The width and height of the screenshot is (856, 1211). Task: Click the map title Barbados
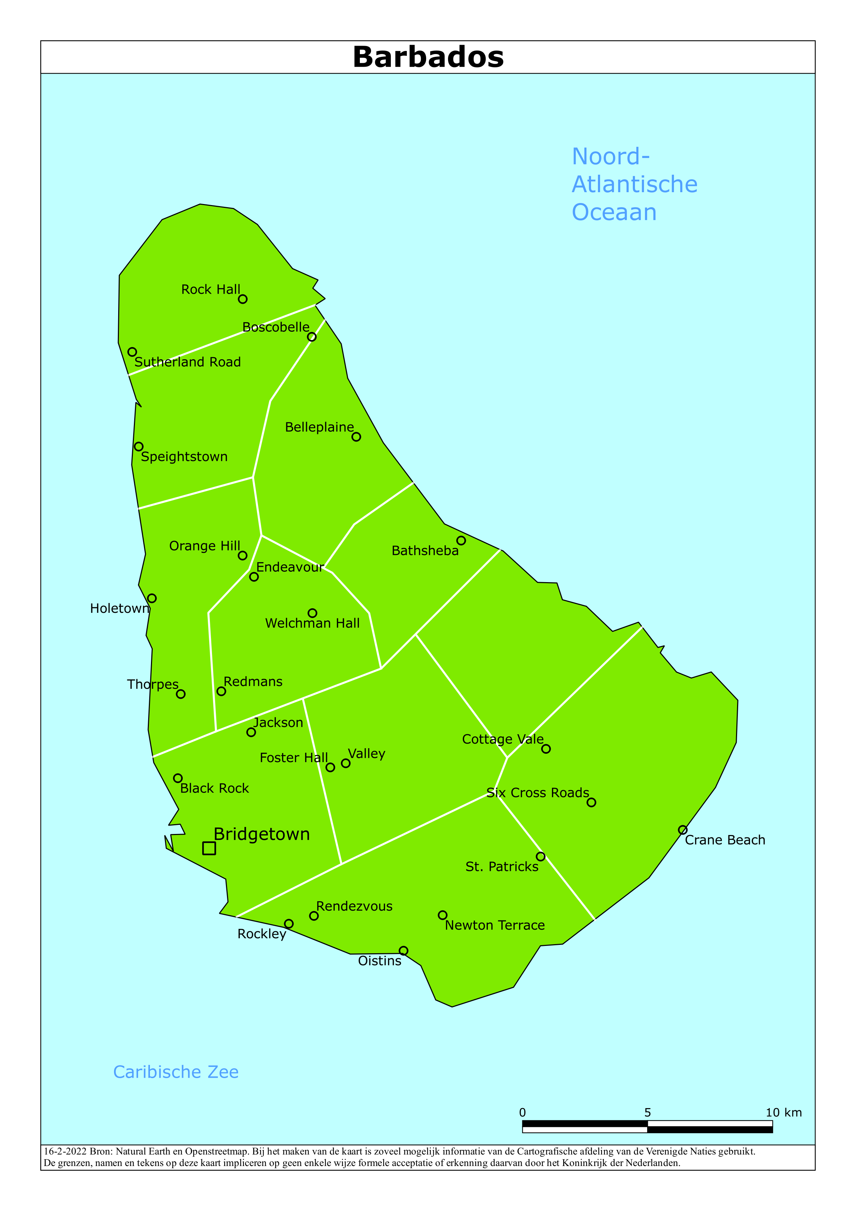tap(428, 57)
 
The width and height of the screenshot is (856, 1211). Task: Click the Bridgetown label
tap(262, 834)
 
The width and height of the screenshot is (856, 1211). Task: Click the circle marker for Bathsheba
tap(461, 541)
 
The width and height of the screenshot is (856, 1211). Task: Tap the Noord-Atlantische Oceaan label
tap(635, 184)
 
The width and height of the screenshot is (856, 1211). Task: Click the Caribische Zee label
tap(176, 1072)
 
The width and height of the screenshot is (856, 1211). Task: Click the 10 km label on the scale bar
tap(783, 1112)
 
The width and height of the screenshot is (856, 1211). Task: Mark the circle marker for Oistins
tap(403, 950)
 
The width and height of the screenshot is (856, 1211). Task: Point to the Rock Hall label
tap(211, 289)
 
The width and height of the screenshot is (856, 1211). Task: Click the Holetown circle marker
tap(152, 598)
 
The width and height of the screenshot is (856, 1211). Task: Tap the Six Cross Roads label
tap(537, 793)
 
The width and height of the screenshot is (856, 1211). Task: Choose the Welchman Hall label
tap(312, 623)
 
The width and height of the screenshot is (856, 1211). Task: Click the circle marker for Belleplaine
tap(356, 437)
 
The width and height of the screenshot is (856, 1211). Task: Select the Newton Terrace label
tap(495, 925)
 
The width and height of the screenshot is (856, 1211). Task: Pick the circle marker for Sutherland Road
tap(132, 352)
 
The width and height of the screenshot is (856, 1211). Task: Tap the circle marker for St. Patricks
tap(540, 857)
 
